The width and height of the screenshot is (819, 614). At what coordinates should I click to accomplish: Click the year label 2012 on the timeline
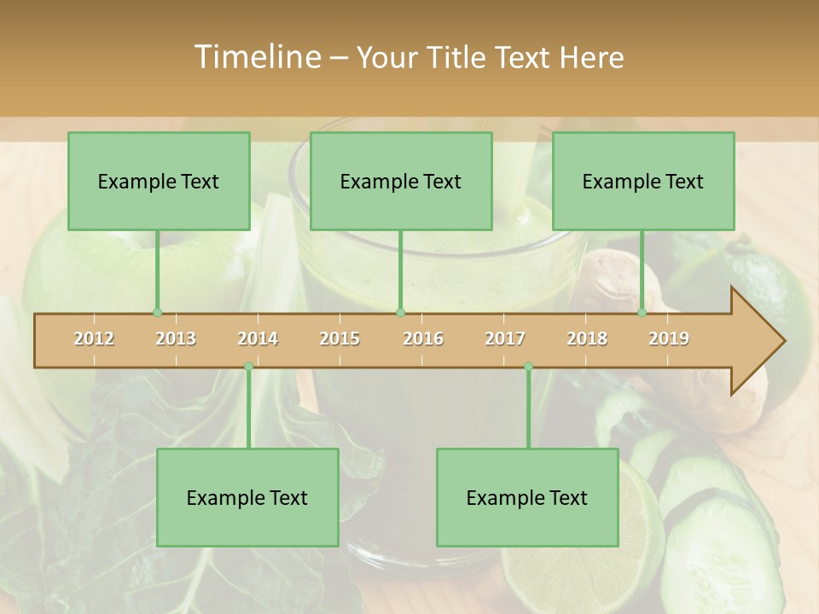coord(94,339)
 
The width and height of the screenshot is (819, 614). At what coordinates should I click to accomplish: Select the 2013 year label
coord(176,339)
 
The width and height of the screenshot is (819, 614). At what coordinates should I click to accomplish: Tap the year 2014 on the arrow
coord(258,339)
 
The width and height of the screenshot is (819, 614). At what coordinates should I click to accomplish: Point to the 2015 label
coord(340,339)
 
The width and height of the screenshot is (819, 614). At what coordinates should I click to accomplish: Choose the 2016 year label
coord(423,339)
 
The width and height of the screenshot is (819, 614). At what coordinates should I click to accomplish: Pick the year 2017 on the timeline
coord(505,339)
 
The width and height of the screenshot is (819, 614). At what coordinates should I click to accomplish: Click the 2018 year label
coord(587,339)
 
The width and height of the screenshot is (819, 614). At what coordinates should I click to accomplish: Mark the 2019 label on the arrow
coord(669,339)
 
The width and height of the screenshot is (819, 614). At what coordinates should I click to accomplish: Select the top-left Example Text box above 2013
coord(159,181)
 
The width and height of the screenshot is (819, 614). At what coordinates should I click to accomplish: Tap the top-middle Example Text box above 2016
coord(401,181)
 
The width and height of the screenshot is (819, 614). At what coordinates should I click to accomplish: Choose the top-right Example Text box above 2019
coord(643,181)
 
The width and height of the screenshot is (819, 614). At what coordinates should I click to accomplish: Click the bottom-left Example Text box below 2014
coord(247,497)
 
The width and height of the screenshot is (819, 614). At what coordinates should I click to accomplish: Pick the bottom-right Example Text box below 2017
coord(527,497)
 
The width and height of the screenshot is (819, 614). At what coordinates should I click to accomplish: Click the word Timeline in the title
coord(256,57)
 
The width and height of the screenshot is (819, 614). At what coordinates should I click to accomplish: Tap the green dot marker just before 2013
coord(157,312)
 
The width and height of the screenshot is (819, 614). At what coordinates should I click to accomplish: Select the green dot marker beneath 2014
coord(248,366)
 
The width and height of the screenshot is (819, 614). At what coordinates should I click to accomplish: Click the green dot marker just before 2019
coord(642,312)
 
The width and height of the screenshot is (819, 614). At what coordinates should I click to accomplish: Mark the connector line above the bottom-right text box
coord(528,408)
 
